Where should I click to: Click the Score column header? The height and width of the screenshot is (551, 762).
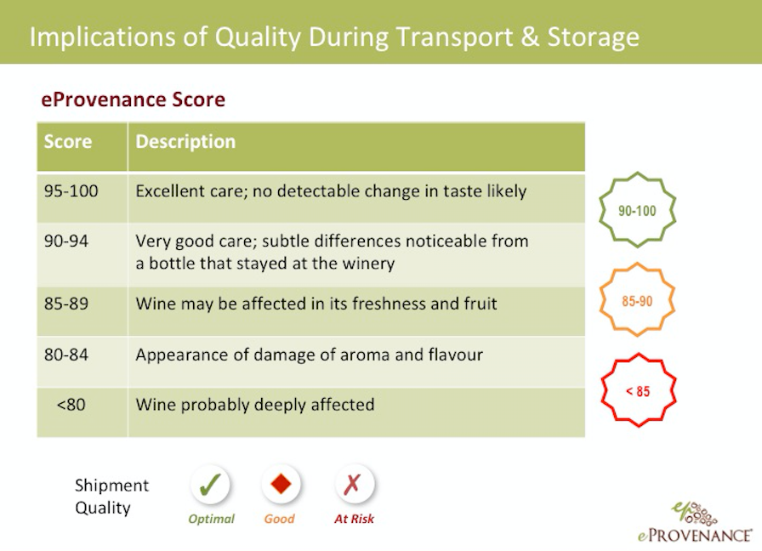68,141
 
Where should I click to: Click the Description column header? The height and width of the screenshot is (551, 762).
185,141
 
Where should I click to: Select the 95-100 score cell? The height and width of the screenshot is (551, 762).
71,191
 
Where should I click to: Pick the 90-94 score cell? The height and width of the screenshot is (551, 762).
66,241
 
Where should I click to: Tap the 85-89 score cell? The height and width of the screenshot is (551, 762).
66,304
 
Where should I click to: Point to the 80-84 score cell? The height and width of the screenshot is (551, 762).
66,355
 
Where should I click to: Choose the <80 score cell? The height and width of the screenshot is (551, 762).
71,405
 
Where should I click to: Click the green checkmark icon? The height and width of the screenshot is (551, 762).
210,485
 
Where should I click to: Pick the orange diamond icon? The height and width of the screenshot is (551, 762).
281,484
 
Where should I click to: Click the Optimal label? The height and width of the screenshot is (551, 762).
212,519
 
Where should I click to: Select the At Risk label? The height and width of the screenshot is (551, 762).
355,519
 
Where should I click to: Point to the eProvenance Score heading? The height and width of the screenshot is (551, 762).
134,99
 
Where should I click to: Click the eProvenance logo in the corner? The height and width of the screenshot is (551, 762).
695,522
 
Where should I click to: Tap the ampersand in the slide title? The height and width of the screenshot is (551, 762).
530,37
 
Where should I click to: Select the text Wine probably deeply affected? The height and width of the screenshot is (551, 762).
255,405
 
